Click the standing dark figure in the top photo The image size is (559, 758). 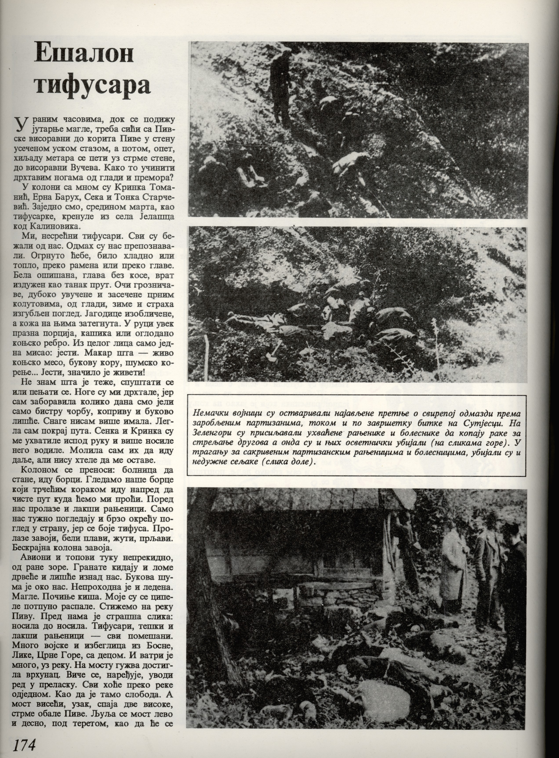pyautogui.click(x=281, y=88)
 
